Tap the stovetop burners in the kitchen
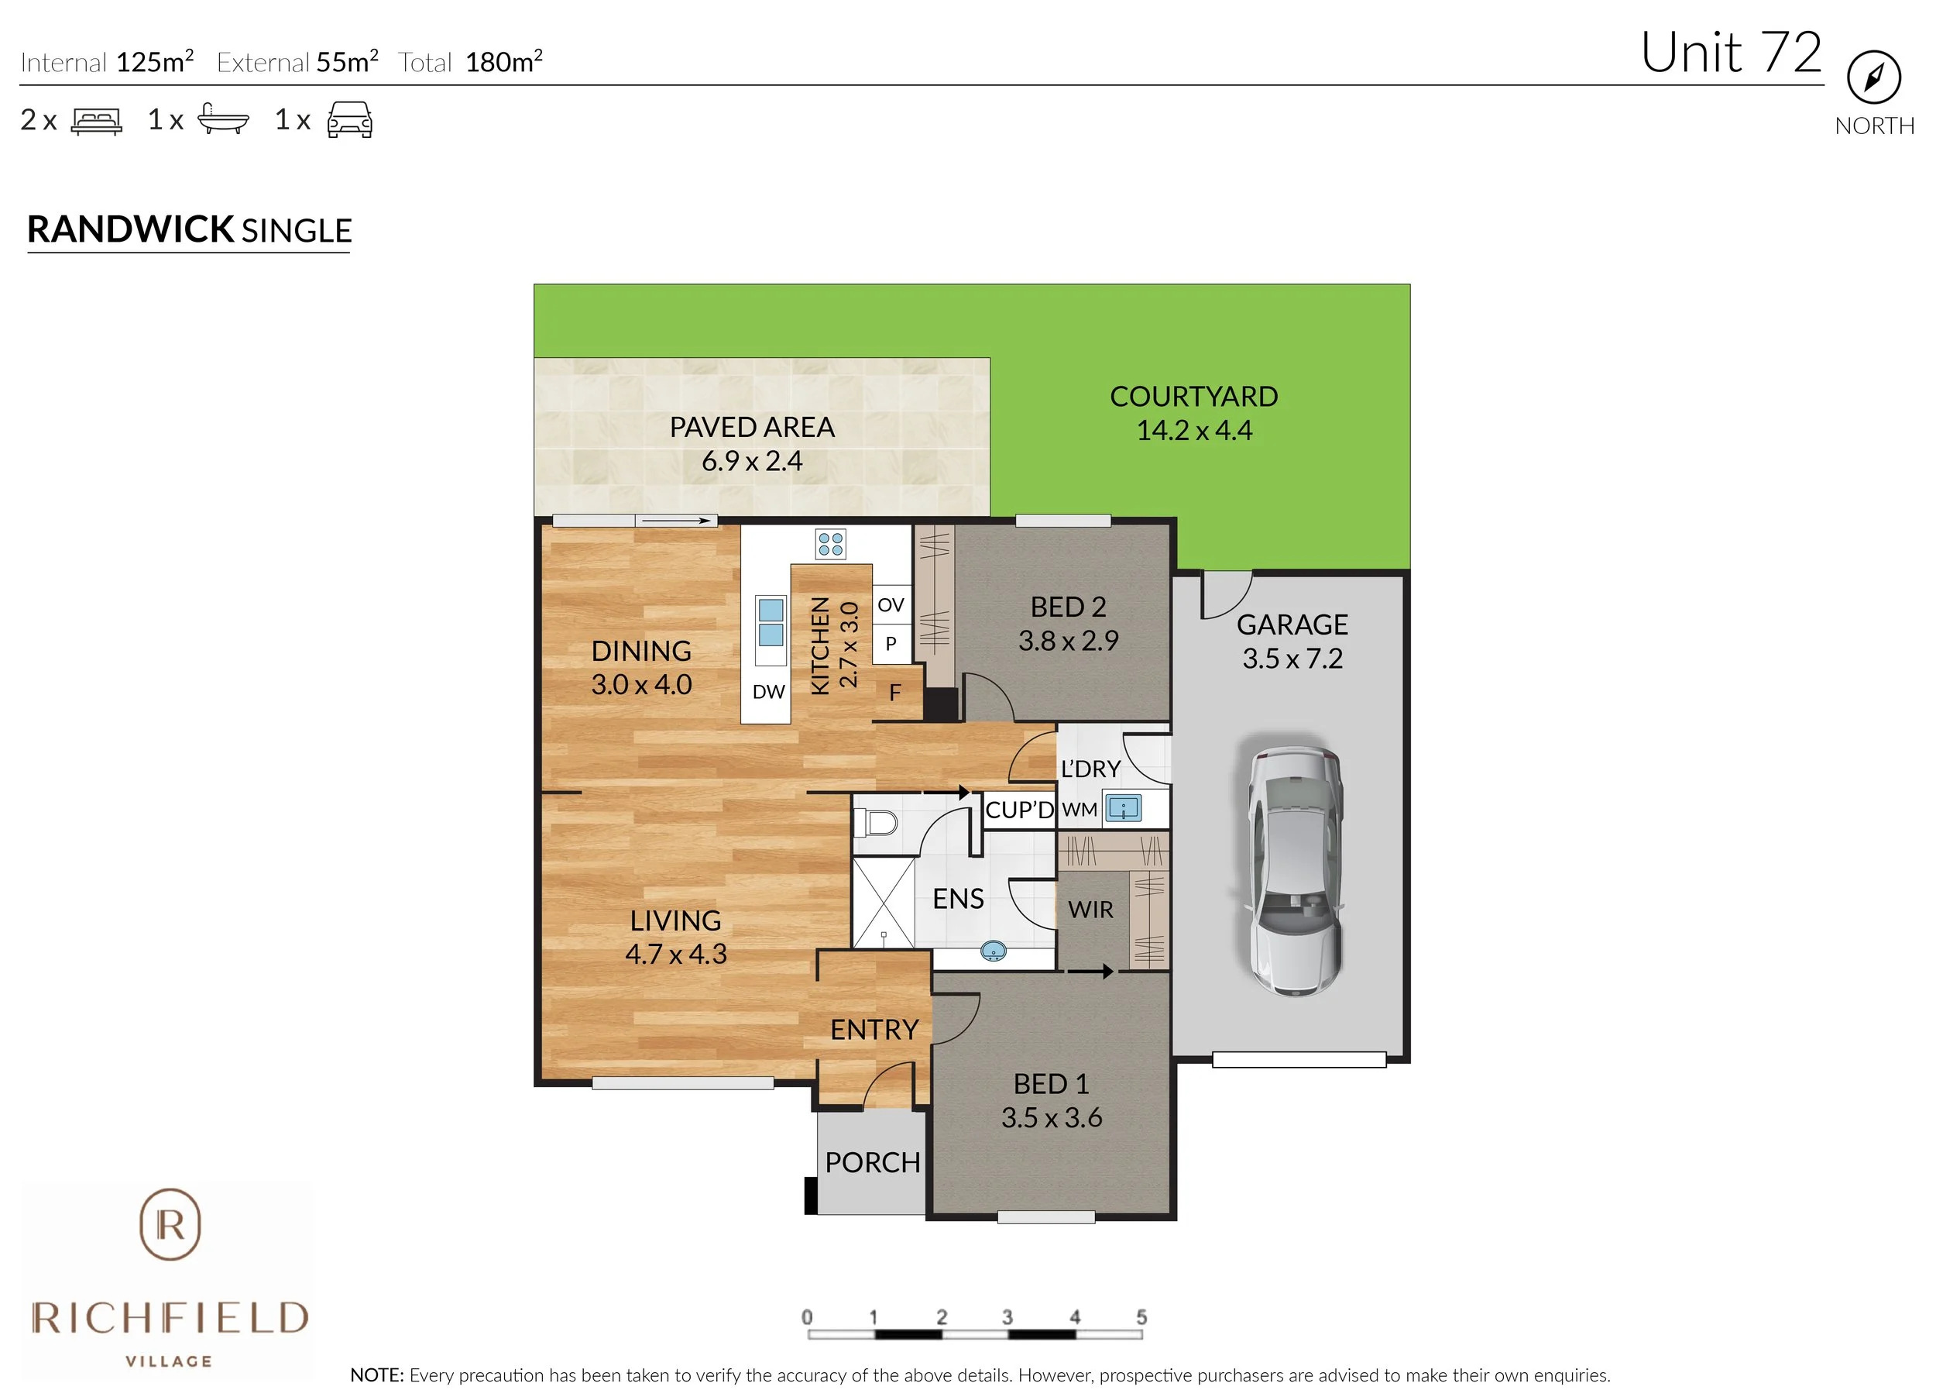tap(831, 544)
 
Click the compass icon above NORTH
tap(1874, 77)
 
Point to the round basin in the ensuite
tap(994, 949)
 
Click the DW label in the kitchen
tap(768, 692)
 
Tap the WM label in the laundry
tap(1080, 810)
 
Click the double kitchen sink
tap(771, 621)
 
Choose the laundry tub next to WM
tap(1124, 807)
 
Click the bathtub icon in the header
tap(223, 119)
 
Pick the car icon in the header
tap(349, 120)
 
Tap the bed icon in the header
tap(97, 121)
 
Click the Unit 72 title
tap(1730, 53)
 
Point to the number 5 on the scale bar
tap(1141, 1316)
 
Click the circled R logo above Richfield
tap(170, 1224)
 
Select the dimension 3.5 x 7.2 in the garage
tap(1292, 659)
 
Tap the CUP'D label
tap(1019, 810)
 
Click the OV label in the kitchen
tap(891, 604)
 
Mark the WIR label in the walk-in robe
tap(1090, 910)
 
